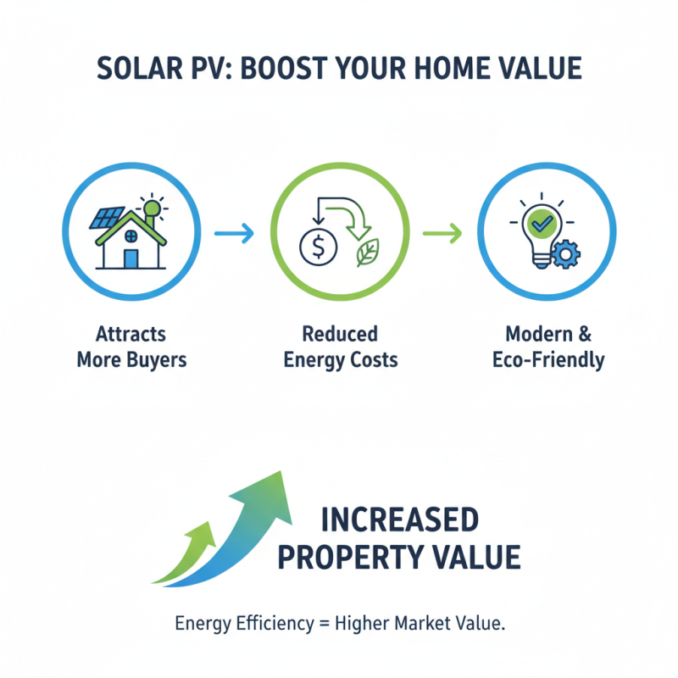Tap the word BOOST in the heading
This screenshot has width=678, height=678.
pos(292,69)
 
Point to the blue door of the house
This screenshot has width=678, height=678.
pos(131,256)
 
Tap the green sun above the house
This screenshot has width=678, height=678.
pos(153,208)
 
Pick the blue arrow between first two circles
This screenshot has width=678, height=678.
pos(234,231)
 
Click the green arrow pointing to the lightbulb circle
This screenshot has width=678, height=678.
pos(442,231)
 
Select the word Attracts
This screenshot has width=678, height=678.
pos(131,333)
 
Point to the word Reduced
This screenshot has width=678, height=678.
pos(339,333)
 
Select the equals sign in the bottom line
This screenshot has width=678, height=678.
pos(324,625)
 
